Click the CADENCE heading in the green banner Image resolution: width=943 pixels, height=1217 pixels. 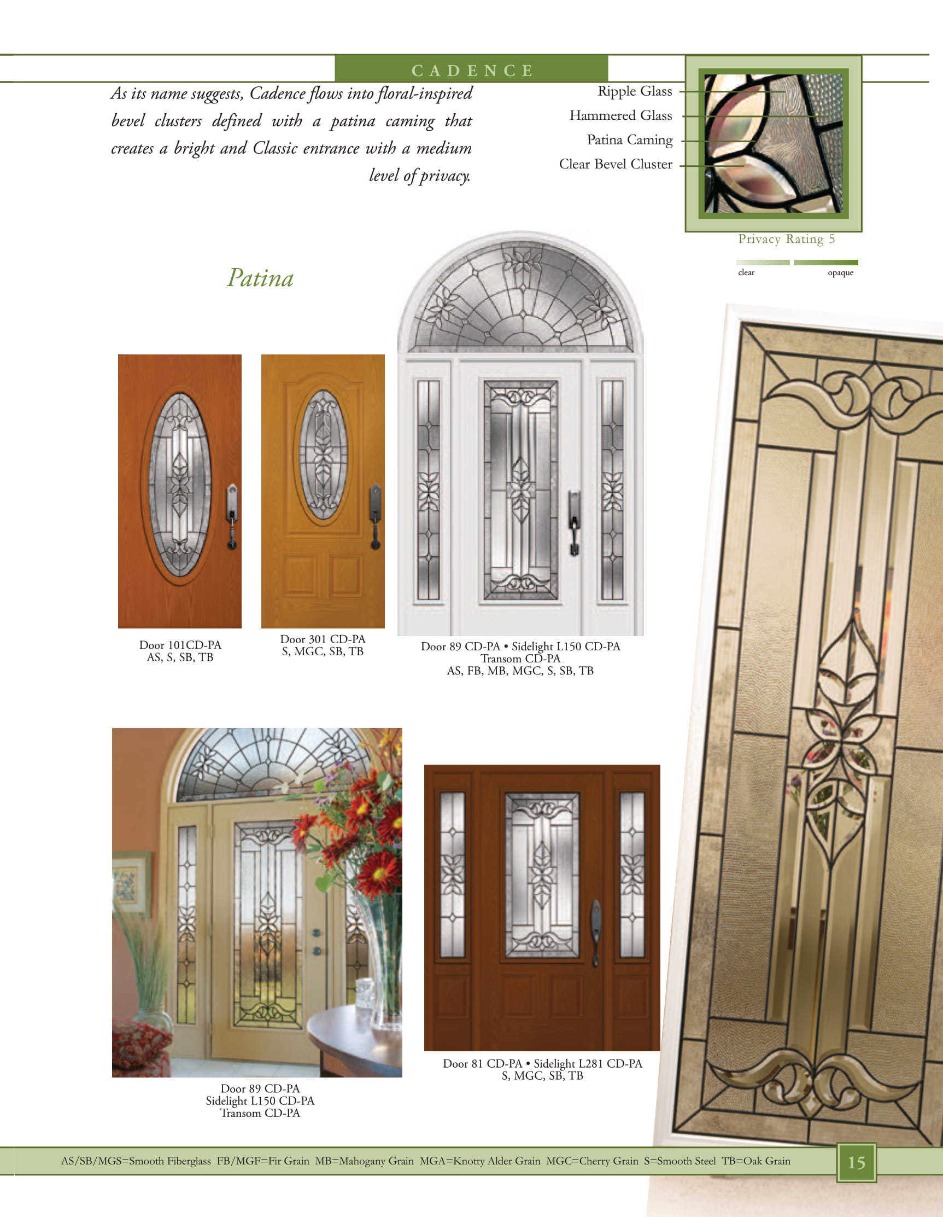tap(472, 71)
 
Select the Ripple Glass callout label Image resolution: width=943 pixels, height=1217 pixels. tap(635, 91)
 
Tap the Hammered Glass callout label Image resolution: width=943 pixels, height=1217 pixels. tap(620, 115)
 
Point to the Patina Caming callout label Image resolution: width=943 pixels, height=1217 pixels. tap(629, 140)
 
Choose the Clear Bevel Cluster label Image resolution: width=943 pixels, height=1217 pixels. tap(616, 164)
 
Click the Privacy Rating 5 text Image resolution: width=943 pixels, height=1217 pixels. tap(787, 239)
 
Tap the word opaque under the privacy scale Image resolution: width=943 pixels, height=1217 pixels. tap(841, 272)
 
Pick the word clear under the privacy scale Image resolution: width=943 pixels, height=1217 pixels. tap(746, 272)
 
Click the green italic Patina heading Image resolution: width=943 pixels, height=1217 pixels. tap(260, 278)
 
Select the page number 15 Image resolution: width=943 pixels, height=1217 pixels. tap(856, 1162)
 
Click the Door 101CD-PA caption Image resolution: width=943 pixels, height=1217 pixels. tap(180, 651)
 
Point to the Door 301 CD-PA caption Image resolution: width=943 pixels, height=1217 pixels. tap(323, 645)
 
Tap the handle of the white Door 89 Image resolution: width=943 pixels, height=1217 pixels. tap(573, 523)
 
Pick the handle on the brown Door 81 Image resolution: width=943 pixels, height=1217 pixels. tap(595, 932)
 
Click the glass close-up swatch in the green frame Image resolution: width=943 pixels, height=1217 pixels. tap(773, 143)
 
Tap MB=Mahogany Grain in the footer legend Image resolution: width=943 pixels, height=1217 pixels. tap(364, 1161)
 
